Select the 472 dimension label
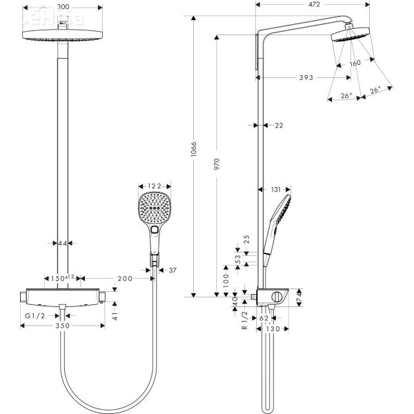[315, 5]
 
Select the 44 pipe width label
[63, 243]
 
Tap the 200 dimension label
[125, 278]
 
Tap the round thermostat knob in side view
[277, 297]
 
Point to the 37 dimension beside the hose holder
[172, 270]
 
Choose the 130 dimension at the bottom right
[273, 330]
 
